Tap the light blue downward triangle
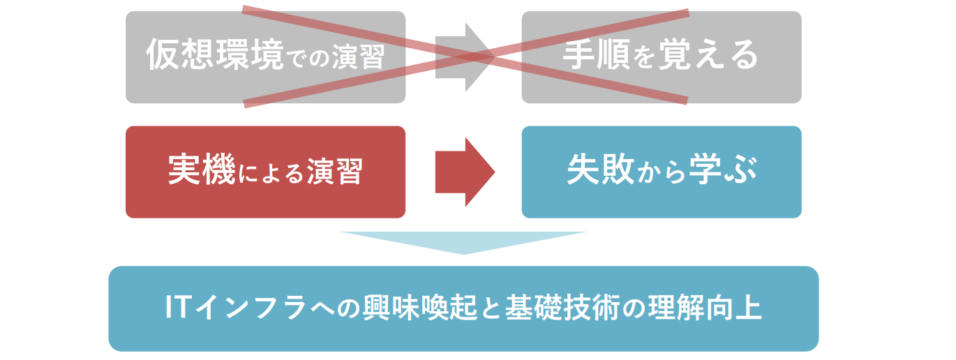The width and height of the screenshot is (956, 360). [463, 241]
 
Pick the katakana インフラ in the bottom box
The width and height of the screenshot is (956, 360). [260, 308]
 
